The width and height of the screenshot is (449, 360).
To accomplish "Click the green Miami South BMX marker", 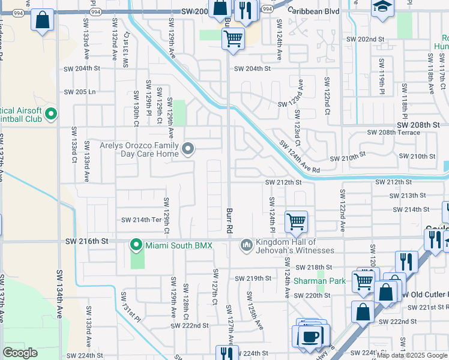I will pos(137,245).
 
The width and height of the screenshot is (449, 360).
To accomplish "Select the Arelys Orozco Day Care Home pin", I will pos(188,149).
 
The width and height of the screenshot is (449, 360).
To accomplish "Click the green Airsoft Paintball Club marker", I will pos(51,113).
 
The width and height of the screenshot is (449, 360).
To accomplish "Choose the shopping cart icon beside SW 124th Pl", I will pos(296,221).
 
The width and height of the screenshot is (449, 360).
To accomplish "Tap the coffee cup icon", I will pos(310,336).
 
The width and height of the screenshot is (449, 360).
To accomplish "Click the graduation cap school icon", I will pos(382,8).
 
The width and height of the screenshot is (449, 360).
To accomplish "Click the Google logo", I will pos(20,353).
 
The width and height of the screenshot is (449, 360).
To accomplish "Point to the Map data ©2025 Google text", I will pos(412,355).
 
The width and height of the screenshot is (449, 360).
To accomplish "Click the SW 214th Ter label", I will pos(142,220).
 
